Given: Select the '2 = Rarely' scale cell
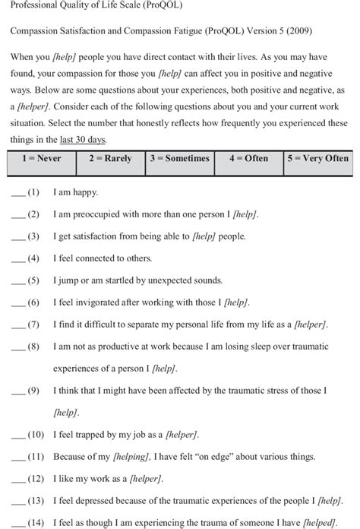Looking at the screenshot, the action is click(x=110, y=159).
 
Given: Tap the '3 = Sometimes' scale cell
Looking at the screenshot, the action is click(x=179, y=159).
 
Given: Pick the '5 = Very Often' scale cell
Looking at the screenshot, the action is click(x=318, y=159).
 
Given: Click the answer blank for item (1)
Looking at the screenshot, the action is click(x=17, y=194).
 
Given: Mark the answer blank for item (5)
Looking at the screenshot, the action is click(x=17, y=281).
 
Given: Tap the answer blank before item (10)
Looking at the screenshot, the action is click(x=17, y=436).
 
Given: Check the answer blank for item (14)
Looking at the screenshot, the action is click(x=17, y=524).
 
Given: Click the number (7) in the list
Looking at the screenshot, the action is click(x=33, y=325).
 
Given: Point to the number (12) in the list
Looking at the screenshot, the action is click(x=36, y=480).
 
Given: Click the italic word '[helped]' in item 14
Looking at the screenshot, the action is click(x=320, y=524).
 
